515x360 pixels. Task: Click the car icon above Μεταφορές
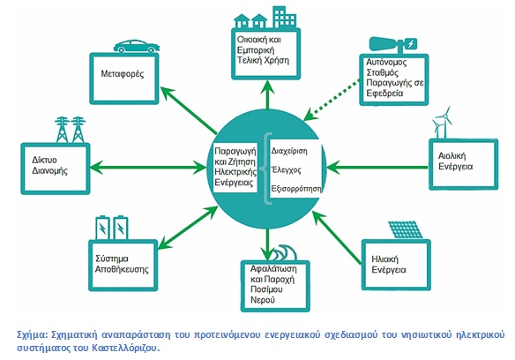137,47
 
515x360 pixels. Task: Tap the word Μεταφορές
123,73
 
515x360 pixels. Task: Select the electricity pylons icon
70,130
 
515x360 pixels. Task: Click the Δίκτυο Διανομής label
49,165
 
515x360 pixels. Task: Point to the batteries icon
112,228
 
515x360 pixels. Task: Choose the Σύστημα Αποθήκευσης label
122,264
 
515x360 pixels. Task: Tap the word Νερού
263,300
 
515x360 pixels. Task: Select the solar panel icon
406,229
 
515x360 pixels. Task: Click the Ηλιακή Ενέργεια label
389,265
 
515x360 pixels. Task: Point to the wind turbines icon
443,123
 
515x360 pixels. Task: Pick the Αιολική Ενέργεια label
455,161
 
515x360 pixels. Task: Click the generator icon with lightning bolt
393,45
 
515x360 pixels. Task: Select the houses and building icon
265,17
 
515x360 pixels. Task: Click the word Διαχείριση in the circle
289,151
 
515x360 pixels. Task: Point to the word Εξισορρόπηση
296,189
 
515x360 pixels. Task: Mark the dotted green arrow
332,100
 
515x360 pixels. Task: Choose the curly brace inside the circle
266,169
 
